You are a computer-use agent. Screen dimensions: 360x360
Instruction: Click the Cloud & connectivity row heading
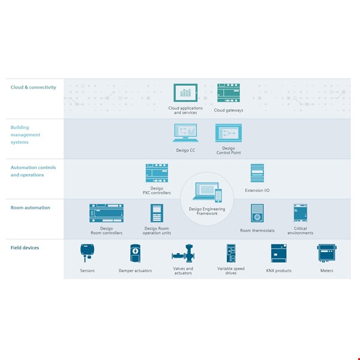point(33,88)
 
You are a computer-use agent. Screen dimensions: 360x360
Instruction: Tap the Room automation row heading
point(30,208)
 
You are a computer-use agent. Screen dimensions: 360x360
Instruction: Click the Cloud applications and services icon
point(185,93)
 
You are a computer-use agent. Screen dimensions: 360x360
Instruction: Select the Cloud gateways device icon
point(229,93)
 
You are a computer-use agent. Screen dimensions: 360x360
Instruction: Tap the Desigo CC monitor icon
point(185,133)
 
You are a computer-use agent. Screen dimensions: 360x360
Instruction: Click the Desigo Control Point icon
point(229,133)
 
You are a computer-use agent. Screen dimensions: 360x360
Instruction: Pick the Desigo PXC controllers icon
point(157,173)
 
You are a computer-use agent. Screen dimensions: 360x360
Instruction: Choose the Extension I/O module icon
point(257,173)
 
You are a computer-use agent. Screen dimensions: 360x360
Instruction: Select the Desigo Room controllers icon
point(106,213)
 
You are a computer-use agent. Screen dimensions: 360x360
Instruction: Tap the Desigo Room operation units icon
point(157,213)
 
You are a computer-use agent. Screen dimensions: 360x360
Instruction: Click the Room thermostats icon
point(257,213)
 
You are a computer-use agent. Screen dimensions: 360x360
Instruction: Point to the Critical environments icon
point(300,213)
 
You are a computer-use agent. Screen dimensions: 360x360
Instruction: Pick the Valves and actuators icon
point(183,253)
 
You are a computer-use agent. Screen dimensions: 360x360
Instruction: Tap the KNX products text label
point(279,271)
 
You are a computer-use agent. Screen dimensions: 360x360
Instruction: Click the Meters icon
point(326,253)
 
